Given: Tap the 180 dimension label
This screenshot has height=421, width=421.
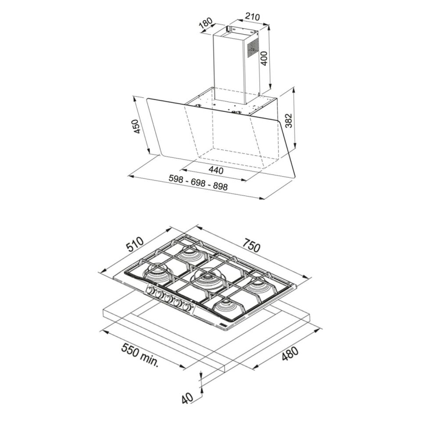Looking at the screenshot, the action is click(x=206, y=23).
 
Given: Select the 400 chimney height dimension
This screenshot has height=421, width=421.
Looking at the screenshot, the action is click(x=264, y=58).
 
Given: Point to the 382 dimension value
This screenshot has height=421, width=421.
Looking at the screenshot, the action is click(x=288, y=121).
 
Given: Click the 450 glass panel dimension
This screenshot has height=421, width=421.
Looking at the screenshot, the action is click(x=136, y=126).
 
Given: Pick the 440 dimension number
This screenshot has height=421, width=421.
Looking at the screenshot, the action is click(x=216, y=170).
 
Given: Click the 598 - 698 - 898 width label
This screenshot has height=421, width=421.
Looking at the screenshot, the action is click(x=198, y=182).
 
